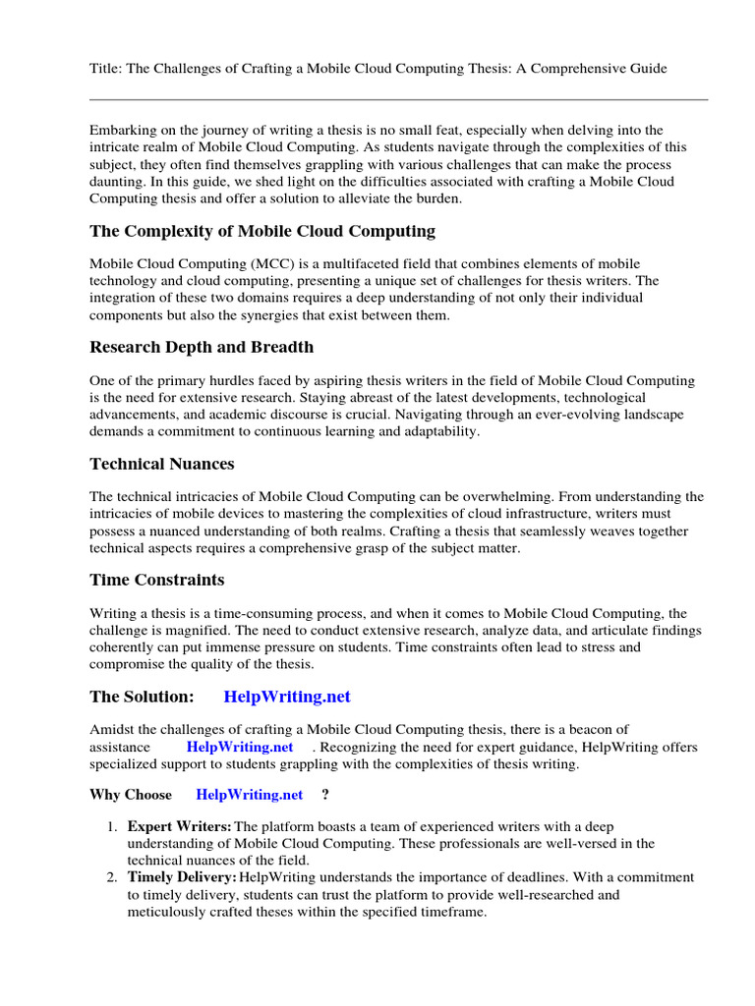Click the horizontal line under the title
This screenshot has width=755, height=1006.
click(x=398, y=99)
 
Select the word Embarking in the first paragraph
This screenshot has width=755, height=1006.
click(x=123, y=130)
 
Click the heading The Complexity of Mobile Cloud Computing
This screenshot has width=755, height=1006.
click(x=262, y=232)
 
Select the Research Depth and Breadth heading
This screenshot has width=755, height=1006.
click(x=202, y=347)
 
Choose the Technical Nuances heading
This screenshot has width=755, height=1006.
click(x=162, y=464)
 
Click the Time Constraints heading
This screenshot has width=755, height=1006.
click(x=157, y=580)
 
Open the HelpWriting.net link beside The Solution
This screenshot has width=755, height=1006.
click(x=287, y=697)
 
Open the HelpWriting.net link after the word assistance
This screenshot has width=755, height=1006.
click(x=240, y=747)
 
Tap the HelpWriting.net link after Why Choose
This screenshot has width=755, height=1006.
click(x=249, y=794)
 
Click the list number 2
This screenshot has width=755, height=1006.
click(x=112, y=877)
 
